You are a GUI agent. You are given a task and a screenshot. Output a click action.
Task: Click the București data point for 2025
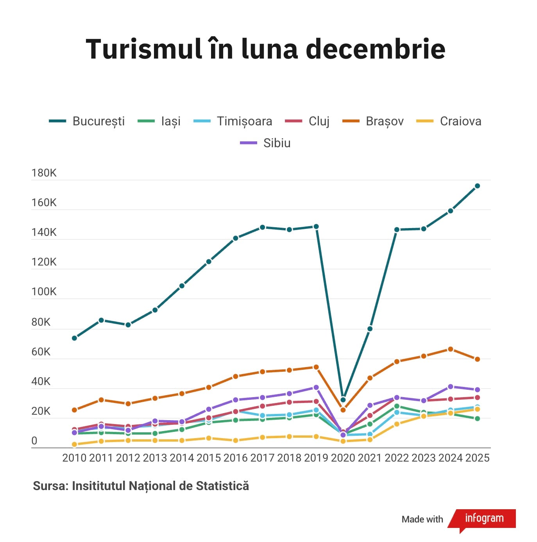point(477,186)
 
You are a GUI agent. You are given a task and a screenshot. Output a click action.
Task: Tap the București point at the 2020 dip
point(343,400)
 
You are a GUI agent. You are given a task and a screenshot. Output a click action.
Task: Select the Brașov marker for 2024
point(450,349)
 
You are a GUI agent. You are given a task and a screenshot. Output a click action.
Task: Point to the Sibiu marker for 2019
point(316,387)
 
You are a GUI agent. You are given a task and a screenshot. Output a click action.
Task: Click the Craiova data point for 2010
point(74,444)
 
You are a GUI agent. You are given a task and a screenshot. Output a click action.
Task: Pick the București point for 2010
point(74,338)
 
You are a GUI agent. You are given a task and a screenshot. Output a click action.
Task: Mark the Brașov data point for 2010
point(74,410)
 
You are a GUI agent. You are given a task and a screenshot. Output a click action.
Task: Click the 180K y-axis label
point(44,173)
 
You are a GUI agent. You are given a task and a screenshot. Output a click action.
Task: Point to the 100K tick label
point(44,292)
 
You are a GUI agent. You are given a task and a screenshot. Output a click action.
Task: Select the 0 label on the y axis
point(34,441)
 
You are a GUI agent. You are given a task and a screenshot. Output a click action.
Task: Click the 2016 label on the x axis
point(236,458)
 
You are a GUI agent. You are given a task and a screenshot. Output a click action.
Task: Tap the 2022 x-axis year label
point(397,458)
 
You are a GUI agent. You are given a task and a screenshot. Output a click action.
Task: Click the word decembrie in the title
point(375,49)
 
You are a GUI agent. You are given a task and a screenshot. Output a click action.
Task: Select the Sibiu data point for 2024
point(450,387)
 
